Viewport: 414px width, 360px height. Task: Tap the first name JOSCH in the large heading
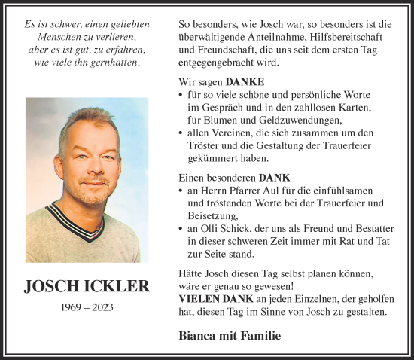point(51,286)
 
